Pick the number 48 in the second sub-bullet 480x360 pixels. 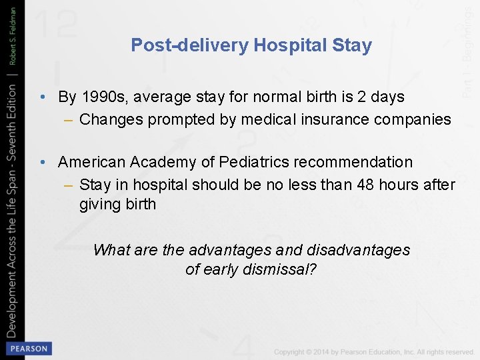(361, 185)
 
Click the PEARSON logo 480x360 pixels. (28, 349)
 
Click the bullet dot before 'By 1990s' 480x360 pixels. (42, 97)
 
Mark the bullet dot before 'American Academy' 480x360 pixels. (42, 163)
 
